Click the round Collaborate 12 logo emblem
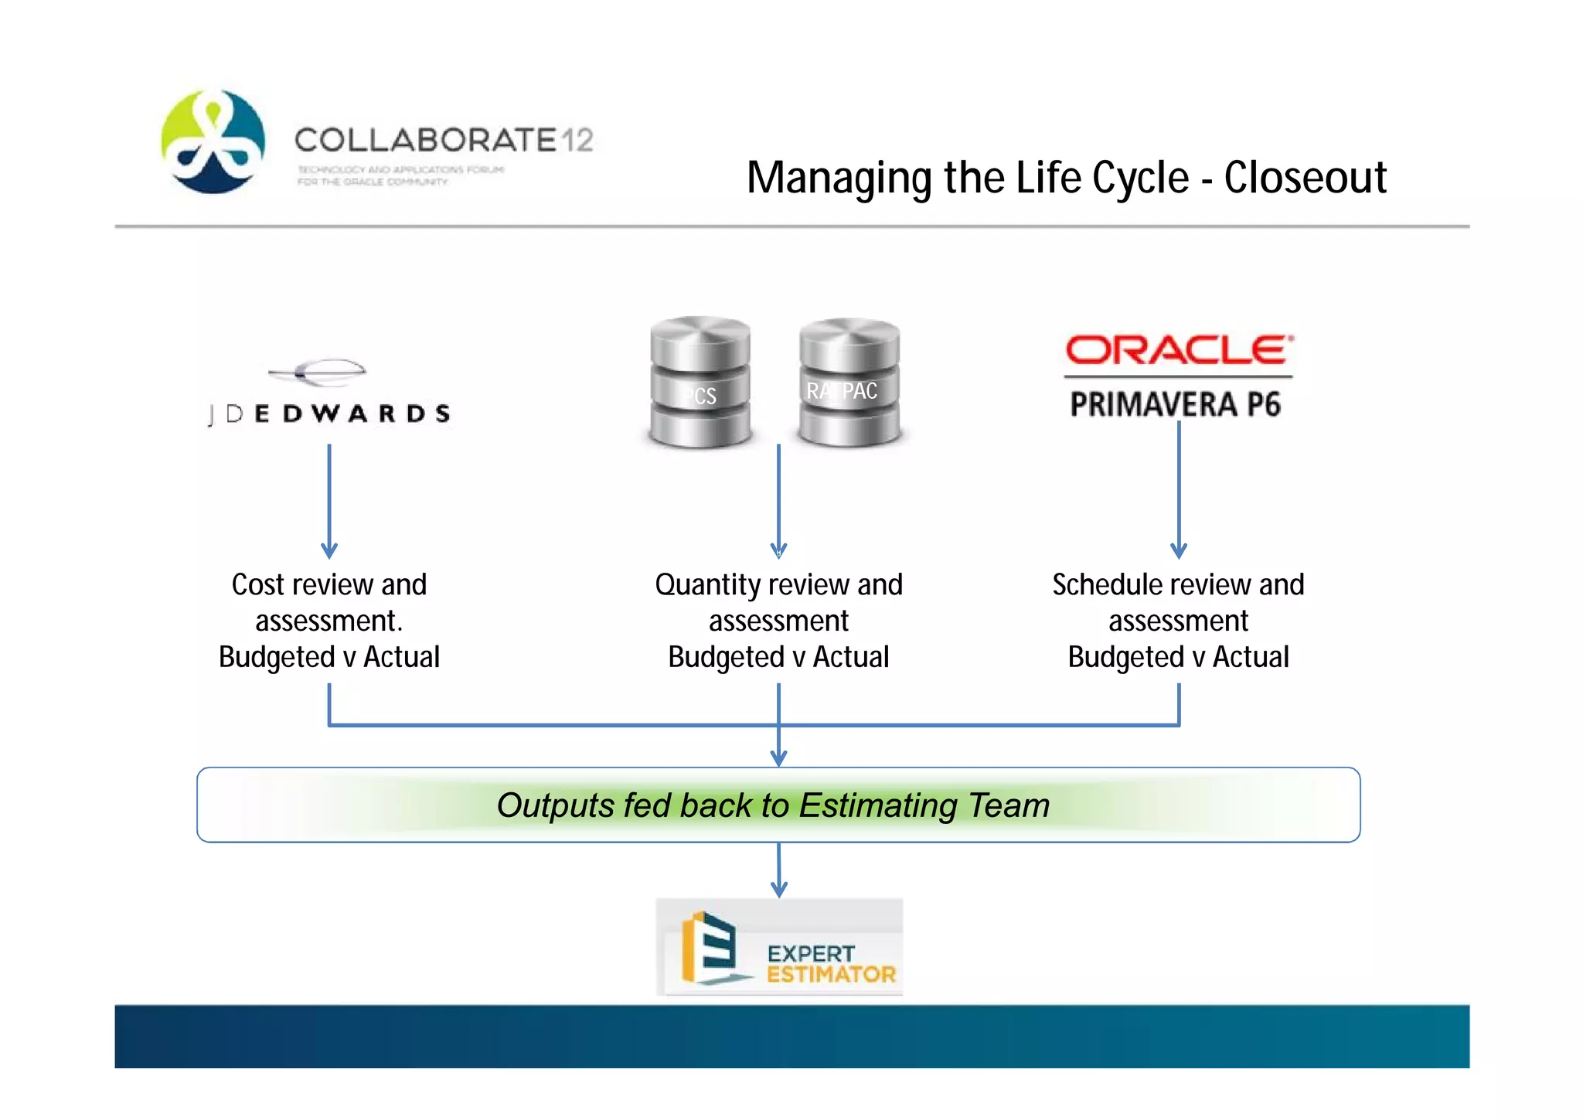coord(213,141)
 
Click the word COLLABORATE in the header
coord(425,141)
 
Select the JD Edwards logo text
coord(329,414)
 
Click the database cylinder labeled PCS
coord(700,383)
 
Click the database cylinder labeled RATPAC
coord(849,383)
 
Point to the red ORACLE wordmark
coord(1178,350)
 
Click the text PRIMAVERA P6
coord(1175,404)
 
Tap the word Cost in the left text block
coord(258,585)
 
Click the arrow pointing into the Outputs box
coord(778,746)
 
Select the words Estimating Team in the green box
coord(924,805)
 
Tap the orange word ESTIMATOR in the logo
coord(831,974)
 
